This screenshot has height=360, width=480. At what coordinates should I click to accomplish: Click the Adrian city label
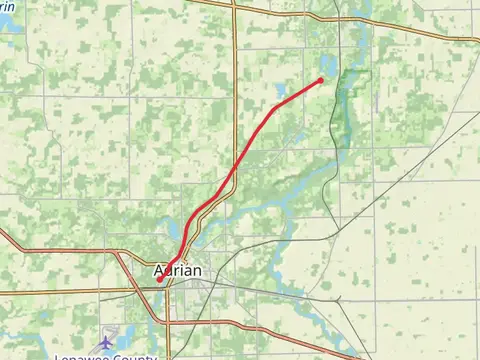tap(178, 271)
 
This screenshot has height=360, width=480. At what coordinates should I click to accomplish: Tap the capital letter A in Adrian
tap(160, 271)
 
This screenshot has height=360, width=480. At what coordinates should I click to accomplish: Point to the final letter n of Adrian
tap(197, 271)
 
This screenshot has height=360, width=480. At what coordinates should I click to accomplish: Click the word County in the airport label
tap(138, 357)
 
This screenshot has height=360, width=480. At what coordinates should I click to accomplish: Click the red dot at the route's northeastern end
tap(320, 80)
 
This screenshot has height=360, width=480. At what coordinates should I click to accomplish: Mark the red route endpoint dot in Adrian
tap(159, 281)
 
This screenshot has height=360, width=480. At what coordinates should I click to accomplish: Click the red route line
tap(240, 160)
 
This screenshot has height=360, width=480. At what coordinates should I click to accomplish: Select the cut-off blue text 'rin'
tap(8, 5)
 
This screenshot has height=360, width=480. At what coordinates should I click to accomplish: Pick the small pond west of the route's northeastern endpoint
tap(281, 91)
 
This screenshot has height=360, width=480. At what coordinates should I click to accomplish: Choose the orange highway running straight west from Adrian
tap(60, 292)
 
